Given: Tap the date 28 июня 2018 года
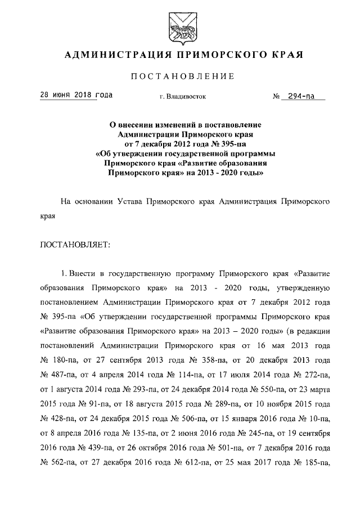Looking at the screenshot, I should [75, 95].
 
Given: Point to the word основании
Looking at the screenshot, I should [93, 201].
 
